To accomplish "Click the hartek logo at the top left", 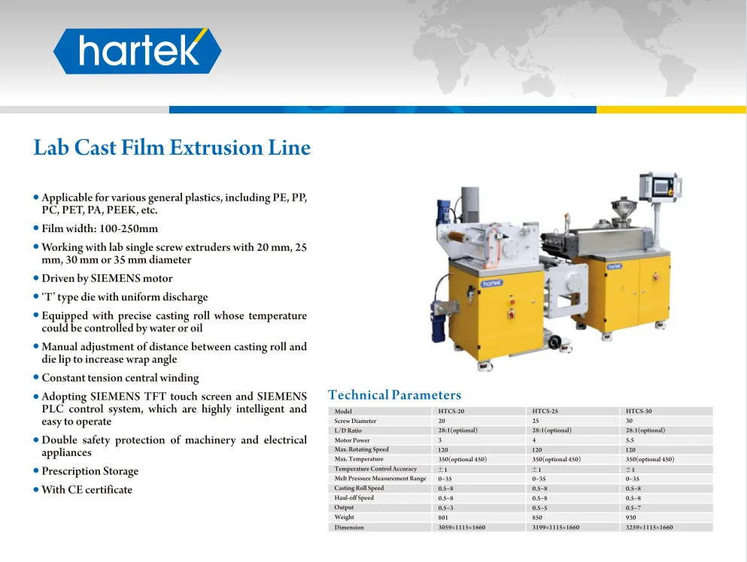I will (137, 51).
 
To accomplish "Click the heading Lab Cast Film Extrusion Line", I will (172, 147).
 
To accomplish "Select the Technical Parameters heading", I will (394, 395).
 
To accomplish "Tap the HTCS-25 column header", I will (545, 411).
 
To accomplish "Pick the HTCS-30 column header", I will (639, 411).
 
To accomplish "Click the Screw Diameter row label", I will (355, 421).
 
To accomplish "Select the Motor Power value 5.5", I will (630, 440).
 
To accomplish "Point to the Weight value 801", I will (443, 518).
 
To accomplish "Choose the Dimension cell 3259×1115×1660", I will (649, 527).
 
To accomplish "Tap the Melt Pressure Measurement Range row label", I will (380, 479).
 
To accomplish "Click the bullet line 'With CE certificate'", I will (87, 490).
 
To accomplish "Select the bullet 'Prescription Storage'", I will (90, 471).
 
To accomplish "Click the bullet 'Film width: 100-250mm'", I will (99, 228).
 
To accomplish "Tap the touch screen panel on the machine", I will (660, 186).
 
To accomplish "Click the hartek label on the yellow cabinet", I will (491, 284).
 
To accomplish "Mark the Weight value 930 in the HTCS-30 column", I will (631, 518).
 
